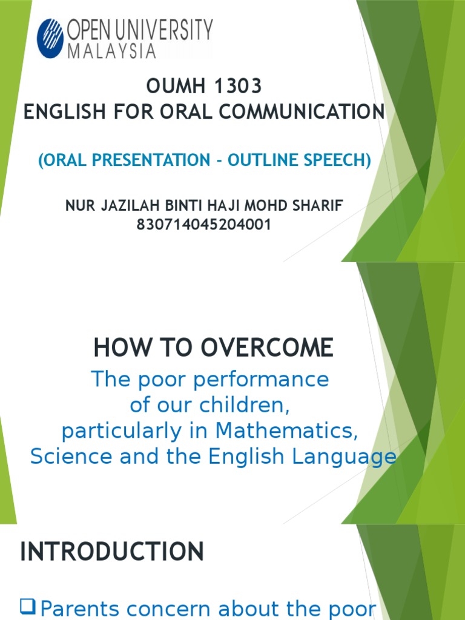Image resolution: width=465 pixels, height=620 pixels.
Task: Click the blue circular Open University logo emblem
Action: pos(50,38)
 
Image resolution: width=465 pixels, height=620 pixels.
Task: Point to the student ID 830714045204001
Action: pos(203,225)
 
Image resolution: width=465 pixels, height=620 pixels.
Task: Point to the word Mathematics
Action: pos(284,430)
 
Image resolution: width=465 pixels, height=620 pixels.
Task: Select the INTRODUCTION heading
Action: pos(112,552)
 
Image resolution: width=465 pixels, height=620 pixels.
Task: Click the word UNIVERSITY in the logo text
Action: pos(168,30)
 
